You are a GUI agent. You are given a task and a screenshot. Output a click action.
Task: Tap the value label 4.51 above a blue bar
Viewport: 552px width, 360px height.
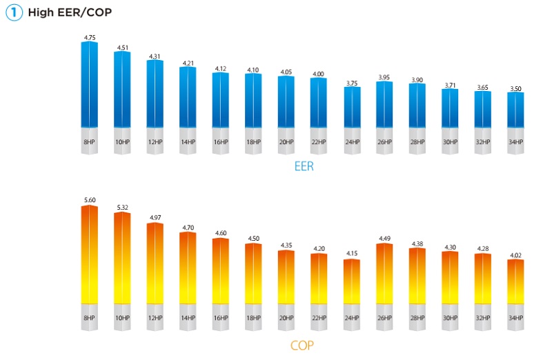122,48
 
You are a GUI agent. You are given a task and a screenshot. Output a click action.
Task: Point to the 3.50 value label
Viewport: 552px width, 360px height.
515,88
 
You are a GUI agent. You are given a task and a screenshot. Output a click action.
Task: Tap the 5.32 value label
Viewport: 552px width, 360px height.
122,208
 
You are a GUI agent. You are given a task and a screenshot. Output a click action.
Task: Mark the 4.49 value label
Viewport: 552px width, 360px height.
384,239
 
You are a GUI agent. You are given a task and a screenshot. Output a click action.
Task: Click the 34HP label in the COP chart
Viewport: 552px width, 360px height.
515,318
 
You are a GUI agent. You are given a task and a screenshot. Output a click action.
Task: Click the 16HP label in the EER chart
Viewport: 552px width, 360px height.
221,142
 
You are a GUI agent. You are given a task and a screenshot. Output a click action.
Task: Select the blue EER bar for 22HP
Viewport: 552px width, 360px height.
319,103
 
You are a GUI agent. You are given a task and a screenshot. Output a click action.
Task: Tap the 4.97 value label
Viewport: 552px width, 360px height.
155,218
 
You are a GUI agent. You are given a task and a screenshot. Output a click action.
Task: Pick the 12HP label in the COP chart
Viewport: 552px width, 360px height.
155,318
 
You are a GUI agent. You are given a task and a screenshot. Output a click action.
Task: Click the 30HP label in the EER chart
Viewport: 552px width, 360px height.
450,142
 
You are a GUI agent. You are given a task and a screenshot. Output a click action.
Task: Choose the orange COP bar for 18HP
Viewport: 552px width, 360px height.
253,272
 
